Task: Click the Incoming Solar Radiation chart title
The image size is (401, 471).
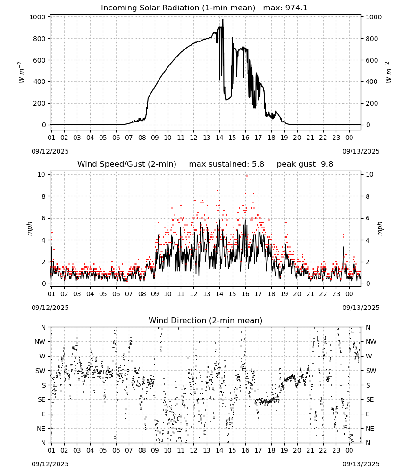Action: coord(178,8)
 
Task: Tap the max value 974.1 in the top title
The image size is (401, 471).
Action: coord(296,8)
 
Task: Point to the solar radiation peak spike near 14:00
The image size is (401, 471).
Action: coord(223,20)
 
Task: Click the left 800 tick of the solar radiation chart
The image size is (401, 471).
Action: coord(40,39)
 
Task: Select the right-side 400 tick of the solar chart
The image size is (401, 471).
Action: coord(372,81)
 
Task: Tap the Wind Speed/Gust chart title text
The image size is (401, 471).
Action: coord(126,164)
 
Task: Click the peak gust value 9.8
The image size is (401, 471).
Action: coord(327,164)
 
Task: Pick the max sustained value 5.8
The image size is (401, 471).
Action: coord(258,164)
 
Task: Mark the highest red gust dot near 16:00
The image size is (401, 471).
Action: coord(247,176)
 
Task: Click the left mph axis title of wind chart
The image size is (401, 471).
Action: coord(29,228)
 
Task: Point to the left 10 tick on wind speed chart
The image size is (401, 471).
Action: coord(42,175)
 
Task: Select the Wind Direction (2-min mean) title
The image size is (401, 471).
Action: coord(206,320)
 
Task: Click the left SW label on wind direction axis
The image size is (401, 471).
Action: coord(41,371)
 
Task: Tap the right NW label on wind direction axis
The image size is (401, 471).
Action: coord(371,341)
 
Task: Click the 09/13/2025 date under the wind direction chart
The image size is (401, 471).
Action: coord(361,464)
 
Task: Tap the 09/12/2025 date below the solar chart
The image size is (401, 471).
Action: coord(50,151)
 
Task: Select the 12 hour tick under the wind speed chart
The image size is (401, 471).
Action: coord(193,294)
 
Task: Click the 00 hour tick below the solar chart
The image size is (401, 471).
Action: coord(349,138)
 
